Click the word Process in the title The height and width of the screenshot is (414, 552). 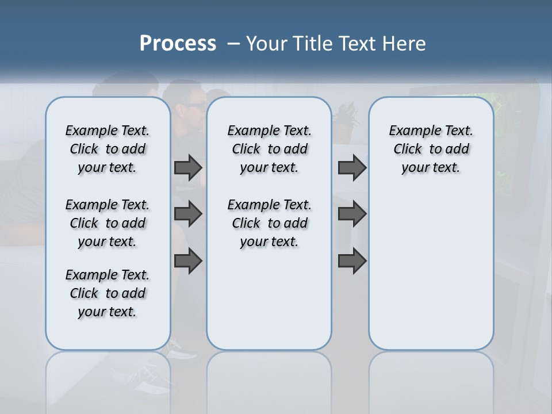[178, 44]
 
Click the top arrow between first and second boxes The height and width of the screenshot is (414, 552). [188, 168]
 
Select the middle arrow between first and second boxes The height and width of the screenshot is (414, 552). [188, 214]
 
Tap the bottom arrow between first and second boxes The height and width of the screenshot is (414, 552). [188, 260]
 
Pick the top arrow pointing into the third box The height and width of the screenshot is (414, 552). [352, 168]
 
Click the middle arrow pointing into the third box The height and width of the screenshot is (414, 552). [352, 214]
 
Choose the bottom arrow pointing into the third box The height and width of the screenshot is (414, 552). [352, 260]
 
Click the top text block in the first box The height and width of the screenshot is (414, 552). [108, 149]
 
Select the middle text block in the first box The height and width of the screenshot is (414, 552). [108, 223]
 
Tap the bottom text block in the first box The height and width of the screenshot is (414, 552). [108, 293]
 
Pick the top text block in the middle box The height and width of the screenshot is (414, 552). [269, 149]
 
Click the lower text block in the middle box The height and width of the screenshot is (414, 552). [269, 223]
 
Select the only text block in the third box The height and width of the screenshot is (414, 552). [431, 149]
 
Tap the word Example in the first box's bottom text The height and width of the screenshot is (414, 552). [87, 275]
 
